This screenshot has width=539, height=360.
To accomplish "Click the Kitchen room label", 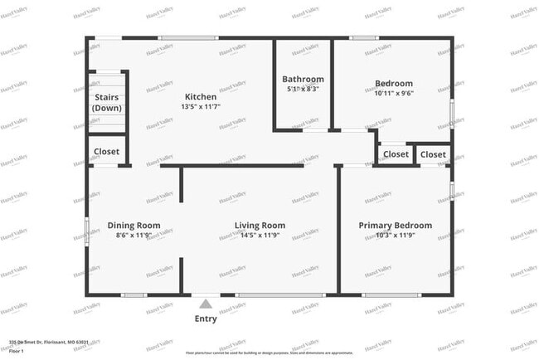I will (200, 97).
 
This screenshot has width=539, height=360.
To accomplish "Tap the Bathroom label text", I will (303, 80).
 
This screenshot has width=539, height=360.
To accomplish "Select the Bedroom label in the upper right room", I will (393, 83).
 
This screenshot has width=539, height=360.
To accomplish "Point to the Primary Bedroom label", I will (395, 225).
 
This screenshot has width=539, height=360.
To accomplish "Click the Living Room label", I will (260, 225).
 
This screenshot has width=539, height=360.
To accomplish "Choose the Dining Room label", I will (134, 225).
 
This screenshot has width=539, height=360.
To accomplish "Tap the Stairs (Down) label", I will (106, 103).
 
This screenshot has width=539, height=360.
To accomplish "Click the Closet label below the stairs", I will (106, 152).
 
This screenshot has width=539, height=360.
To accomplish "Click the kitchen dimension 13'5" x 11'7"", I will (200, 106).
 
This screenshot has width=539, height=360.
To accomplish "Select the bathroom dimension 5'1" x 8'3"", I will (303, 89).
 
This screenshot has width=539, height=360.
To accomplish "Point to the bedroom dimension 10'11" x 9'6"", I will (393, 93).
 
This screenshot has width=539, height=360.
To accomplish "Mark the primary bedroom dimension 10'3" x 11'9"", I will (395, 235).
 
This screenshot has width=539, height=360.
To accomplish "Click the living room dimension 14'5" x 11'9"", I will (260, 235).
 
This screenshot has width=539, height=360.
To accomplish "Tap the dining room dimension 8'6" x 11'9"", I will (134, 235).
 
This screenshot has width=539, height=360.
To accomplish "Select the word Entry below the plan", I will (206, 319).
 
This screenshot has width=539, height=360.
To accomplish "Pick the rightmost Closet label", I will (434, 154).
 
